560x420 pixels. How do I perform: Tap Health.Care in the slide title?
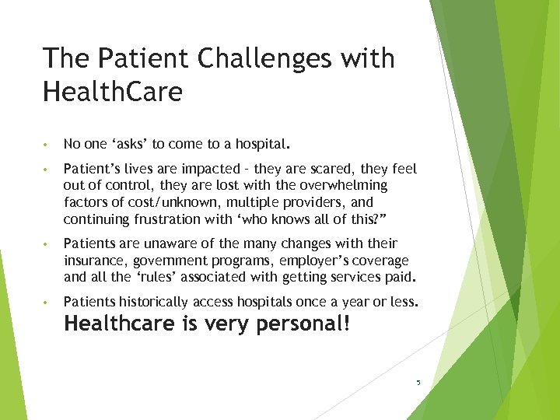[113, 93]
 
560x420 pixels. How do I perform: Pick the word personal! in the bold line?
[305, 324]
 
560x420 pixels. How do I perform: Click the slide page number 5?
[418, 383]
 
